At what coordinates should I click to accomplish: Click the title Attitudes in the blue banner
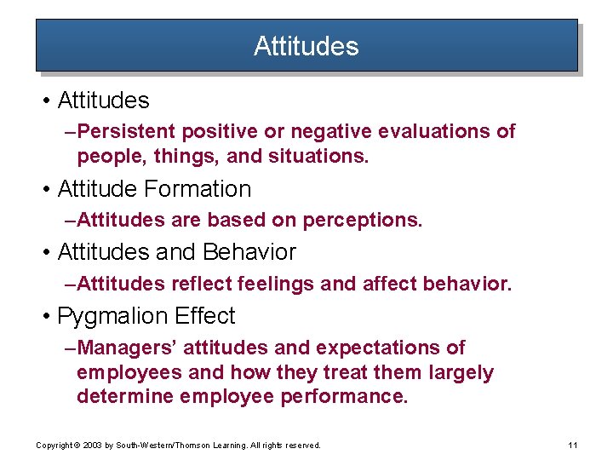click(x=306, y=46)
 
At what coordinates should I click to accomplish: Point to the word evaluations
click(x=430, y=131)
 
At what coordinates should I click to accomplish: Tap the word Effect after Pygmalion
click(x=204, y=316)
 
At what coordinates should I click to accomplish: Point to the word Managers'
click(x=127, y=348)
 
